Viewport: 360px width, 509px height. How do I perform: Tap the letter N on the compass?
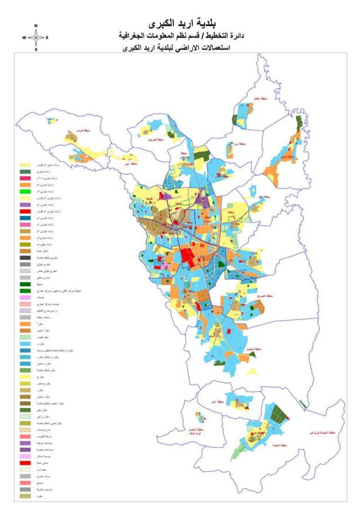(36, 26)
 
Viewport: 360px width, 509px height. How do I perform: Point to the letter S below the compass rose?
(36, 50)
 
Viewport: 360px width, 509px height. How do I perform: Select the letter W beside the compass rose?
(24, 38)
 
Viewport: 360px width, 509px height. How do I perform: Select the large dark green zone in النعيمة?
(278, 415)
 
